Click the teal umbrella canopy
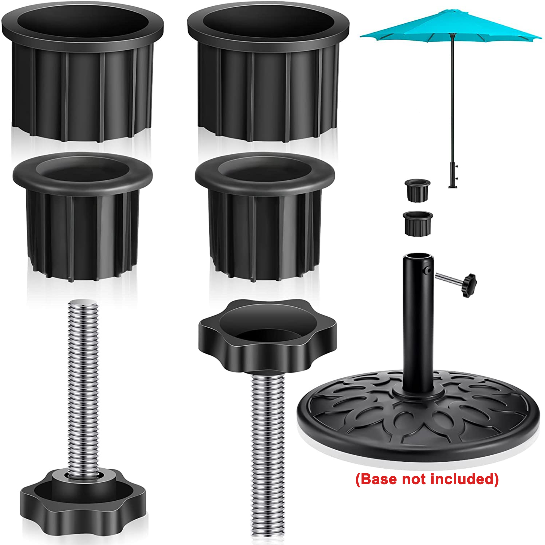[451, 27]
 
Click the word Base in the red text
[378, 479]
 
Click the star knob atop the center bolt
[267, 336]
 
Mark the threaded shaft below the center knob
[267, 451]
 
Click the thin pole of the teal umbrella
[452, 99]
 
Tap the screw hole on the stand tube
[428, 270]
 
